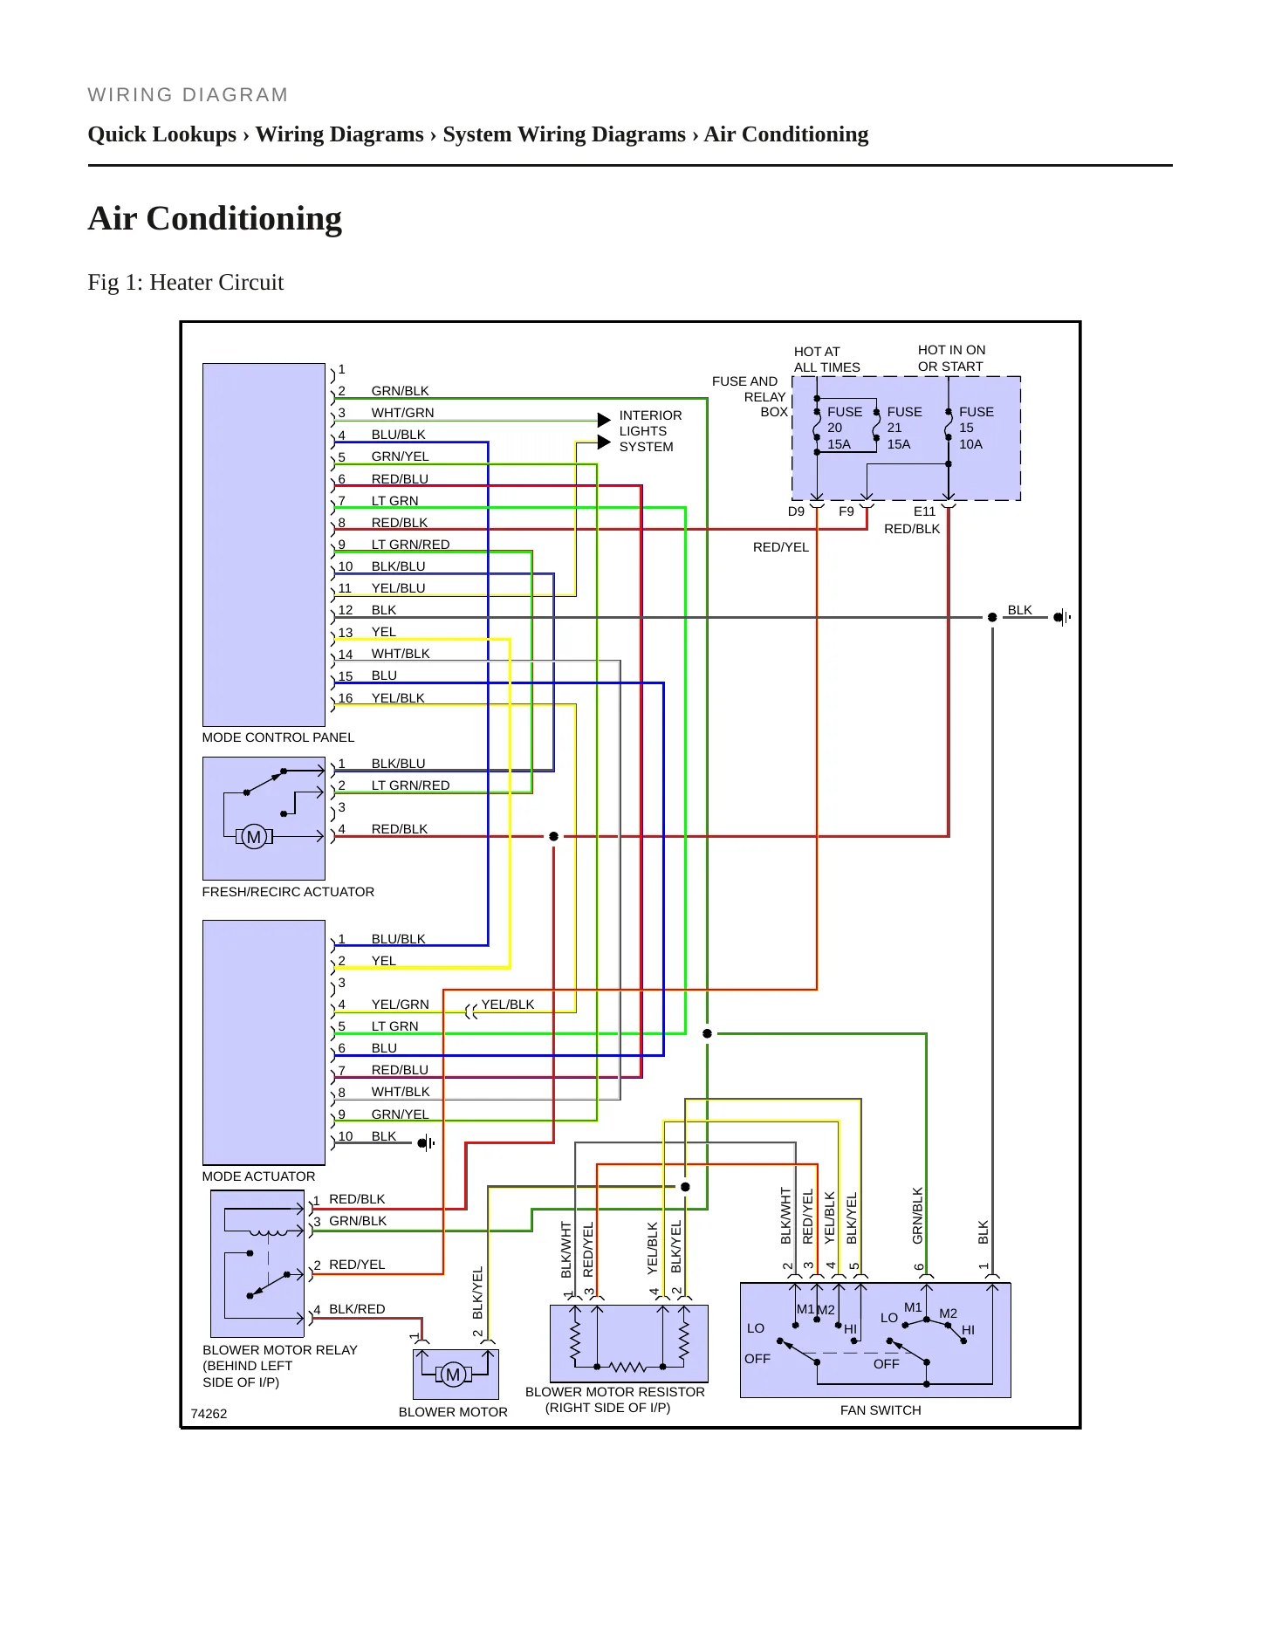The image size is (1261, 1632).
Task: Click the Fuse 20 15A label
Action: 844,428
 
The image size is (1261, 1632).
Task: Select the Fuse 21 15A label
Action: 904,428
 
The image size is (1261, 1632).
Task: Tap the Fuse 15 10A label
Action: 976,428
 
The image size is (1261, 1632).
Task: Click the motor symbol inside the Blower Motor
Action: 453,1375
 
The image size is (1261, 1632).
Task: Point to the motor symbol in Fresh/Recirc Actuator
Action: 254,837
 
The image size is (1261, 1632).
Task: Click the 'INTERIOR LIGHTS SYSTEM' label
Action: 650,431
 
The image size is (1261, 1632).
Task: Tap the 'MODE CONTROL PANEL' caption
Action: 278,737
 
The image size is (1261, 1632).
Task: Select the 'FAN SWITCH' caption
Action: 881,1410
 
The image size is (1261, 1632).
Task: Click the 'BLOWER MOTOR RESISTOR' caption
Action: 614,1392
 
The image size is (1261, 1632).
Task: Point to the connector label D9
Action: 796,511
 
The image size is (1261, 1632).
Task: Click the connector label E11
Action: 924,511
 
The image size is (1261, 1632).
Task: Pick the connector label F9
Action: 846,511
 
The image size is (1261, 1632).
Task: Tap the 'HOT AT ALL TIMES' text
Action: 826,360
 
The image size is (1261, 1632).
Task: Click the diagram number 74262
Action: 209,1414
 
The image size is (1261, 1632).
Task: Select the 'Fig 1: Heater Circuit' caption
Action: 186,282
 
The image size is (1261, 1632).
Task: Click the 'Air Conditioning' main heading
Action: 215,218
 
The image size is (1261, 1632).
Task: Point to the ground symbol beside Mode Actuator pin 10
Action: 426,1143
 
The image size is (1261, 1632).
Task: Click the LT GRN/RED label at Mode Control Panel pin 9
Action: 410,545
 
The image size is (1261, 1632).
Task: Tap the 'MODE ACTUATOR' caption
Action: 258,1176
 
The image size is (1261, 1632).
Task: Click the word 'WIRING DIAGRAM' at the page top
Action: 188,95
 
